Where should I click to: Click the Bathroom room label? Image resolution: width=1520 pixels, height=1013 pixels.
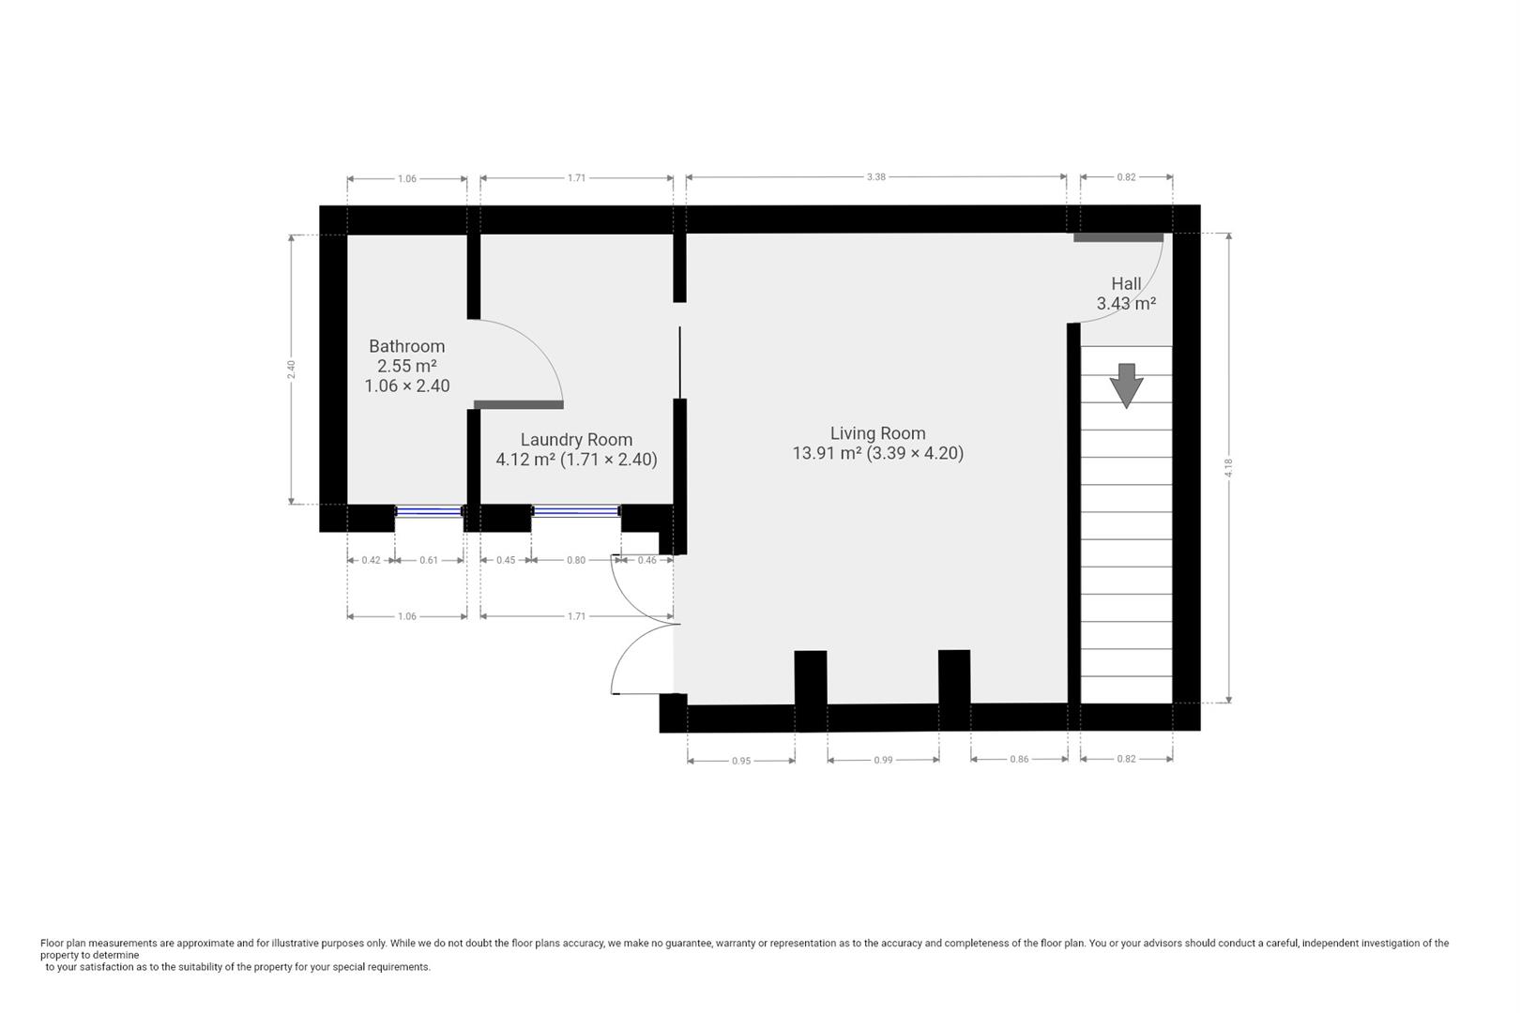pyautogui.click(x=406, y=346)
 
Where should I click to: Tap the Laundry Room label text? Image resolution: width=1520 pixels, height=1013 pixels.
pyautogui.click(x=576, y=439)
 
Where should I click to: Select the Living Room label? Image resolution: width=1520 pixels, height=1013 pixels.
pyautogui.click(x=877, y=433)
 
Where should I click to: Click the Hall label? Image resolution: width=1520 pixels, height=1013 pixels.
pyautogui.click(x=1126, y=283)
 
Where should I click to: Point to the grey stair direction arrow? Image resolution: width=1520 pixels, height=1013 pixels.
pyautogui.click(x=1126, y=385)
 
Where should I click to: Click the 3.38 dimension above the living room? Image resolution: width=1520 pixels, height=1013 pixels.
pyautogui.click(x=875, y=176)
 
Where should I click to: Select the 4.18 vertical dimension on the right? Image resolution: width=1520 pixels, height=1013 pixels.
pyautogui.click(x=1228, y=467)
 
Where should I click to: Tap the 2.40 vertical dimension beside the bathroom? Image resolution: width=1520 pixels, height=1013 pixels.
pyautogui.click(x=292, y=370)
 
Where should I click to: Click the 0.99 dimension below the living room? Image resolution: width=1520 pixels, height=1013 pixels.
pyautogui.click(x=883, y=760)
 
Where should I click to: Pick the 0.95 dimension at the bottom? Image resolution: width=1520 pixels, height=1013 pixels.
pyautogui.click(x=741, y=761)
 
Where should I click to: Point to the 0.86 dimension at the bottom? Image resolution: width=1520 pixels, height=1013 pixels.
pyautogui.click(x=1019, y=759)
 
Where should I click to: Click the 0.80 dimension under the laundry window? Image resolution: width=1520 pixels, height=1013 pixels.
pyautogui.click(x=576, y=560)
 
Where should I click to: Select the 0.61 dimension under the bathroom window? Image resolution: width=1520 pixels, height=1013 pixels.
pyautogui.click(x=429, y=560)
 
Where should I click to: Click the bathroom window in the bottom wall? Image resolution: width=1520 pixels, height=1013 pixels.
pyautogui.click(x=430, y=511)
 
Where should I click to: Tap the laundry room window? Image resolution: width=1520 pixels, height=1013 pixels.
pyautogui.click(x=576, y=511)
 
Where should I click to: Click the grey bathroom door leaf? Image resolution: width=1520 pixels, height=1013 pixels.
pyautogui.click(x=519, y=404)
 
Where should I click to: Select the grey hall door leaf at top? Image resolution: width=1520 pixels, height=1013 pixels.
pyautogui.click(x=1118, y=237)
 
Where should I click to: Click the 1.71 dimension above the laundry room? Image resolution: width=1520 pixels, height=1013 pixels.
pyautogui.click(x=577, y=177)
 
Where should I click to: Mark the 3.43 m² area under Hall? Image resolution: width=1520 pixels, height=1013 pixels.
pyautogui.click(x=1126, y=304)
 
